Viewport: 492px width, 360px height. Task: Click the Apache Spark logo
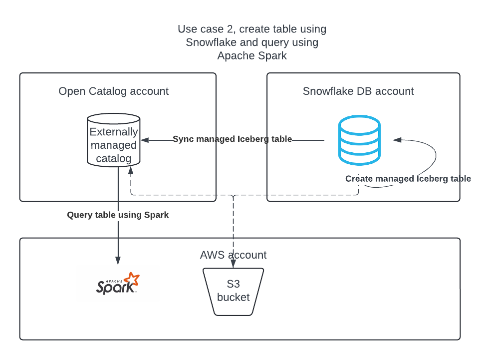[118, 284]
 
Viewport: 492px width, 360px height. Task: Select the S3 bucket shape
[233, 292]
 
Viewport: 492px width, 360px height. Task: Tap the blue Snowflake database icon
[359, 141]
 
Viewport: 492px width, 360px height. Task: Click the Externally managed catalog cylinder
[113, 140]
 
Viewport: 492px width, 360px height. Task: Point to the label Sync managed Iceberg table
[232, 139]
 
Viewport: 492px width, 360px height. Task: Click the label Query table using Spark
[118, 215]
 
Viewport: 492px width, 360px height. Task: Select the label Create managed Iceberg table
[408, 179]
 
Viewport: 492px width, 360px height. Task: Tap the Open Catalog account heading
[113, 91]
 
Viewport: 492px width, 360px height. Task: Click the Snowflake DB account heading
[358, 91]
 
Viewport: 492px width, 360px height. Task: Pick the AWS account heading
[233, 255]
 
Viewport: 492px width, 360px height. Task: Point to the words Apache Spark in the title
[252, 55]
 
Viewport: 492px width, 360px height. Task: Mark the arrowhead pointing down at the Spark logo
[118, 261]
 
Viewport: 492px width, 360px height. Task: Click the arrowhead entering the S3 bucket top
[233, 265]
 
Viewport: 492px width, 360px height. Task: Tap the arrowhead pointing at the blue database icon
[396, 140]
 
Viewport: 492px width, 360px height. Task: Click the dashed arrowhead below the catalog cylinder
[131, 171]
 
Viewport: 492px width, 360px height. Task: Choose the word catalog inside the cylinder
[113, 159]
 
